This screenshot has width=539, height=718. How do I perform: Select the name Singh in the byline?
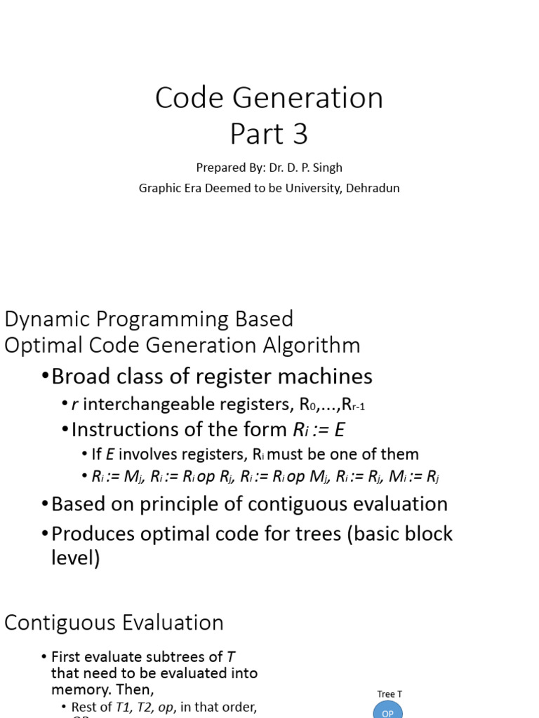[x=327, y=168]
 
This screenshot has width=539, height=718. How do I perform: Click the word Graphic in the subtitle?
[x=159, y=188]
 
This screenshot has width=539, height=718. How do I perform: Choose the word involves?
[x=144, y=454]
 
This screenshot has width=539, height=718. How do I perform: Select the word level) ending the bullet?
[x=76, y=558]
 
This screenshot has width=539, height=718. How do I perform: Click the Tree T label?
[x=390, y=694]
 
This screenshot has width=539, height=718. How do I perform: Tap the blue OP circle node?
[x=388, y=711]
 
